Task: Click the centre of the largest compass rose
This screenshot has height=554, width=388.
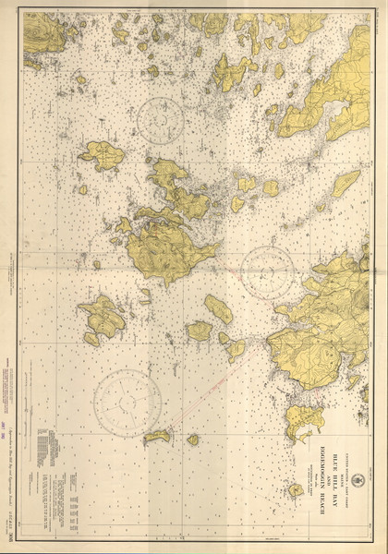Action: [x=127, y=402]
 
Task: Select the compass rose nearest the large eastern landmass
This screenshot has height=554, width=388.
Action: [x=267, y=273]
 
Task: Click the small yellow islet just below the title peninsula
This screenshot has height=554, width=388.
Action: [x=295, y=489]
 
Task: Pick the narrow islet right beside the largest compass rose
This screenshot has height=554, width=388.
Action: [x=157, y=435]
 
